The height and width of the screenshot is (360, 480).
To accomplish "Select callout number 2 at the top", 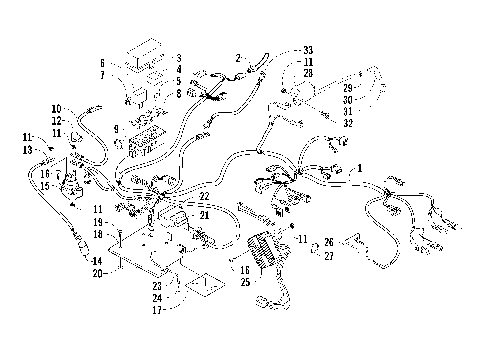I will pos(239,57).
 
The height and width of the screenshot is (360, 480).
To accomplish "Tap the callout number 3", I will pos(178,58).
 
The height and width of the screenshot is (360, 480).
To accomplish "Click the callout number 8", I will pos(178,94).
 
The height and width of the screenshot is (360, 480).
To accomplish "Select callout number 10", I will pos(56,108).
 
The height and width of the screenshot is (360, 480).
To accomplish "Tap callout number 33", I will pos(307,48).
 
